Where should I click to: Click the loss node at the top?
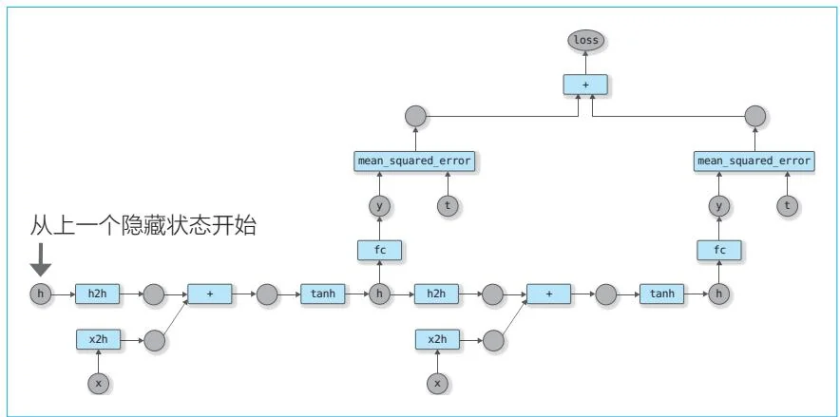click(585, 41)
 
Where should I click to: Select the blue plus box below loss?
click(585, 85)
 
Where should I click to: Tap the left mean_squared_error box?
click(413, 161)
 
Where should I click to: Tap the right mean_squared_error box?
click(754, 161)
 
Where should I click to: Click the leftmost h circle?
click(40, 294)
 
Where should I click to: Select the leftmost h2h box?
click(98, 294)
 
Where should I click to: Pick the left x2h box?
click(98, 339)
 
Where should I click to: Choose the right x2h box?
click(437, 339)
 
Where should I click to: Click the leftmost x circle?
click(98, 383)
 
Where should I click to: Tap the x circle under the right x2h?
click(437, 383)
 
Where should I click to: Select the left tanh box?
click(323, 294)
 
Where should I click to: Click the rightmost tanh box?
click(662, 294)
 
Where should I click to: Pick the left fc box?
click(379, 250)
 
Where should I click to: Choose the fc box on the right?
click(718, 250)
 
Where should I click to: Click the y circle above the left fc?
click(379, 205)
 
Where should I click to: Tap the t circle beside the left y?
click(447, 205)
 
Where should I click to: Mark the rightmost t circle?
click(786, 205)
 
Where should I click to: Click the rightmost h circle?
click(718, 294)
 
